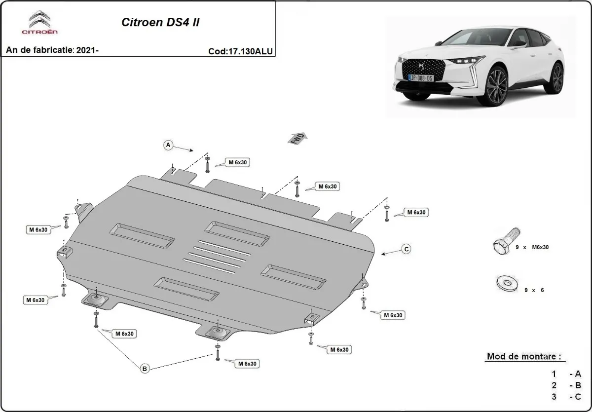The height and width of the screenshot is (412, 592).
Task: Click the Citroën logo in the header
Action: tap(39, 23)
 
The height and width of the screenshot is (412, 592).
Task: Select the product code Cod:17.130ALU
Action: tap(241, 51)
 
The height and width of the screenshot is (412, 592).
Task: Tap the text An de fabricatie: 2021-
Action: tap(53, 50)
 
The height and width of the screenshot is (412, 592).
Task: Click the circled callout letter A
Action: tap(168, 145)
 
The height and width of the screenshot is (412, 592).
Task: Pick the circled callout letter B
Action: tap(145, 368)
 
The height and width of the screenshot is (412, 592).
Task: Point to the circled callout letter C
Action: tap(406, 249)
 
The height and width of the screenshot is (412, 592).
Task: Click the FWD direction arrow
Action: tap(298, 139)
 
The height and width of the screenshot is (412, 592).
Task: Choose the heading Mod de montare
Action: tap(523, 356)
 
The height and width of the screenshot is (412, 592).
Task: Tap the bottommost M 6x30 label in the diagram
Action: tap(247, 364)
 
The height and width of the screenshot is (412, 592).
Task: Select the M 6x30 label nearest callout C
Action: tap(416, 212)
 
